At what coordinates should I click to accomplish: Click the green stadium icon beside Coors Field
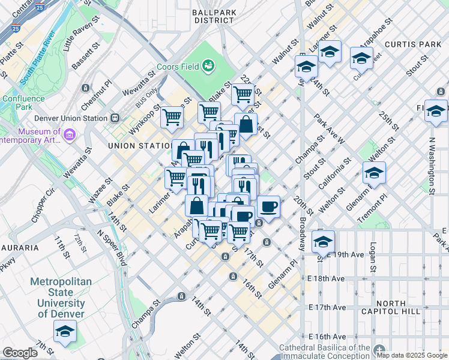point(208,65)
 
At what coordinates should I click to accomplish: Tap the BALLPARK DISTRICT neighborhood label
point(214,16)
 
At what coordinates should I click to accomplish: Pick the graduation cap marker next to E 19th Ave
point(323,242)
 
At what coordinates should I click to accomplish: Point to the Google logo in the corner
point(20,353)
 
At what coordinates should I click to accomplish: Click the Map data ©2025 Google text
point(412,355)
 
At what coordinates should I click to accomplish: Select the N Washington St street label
point(431,158)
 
